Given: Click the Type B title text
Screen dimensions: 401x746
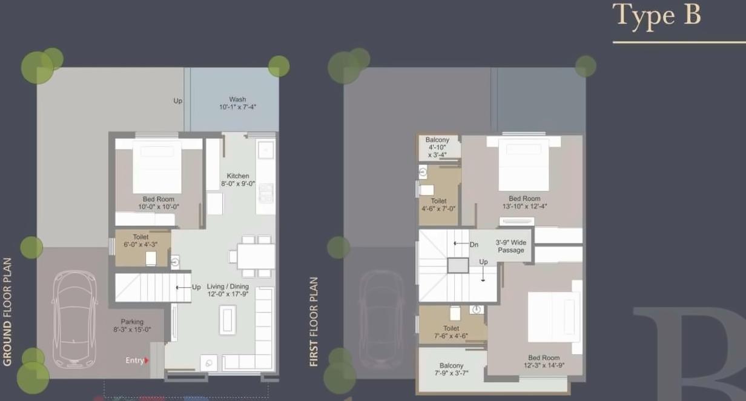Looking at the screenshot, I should (x=656, y=16).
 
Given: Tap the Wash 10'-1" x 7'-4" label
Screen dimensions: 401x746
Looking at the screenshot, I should (x=237, y=103).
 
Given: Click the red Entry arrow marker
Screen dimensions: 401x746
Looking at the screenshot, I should (x=147, y=360).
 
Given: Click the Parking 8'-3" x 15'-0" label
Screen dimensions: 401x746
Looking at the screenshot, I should (x=132, y=326).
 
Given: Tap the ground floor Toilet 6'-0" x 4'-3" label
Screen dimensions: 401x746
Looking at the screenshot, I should (x=140, y=241).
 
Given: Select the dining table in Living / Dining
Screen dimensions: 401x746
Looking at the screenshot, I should (x=256, y=256).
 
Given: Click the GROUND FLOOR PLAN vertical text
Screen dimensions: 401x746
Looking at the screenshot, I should (x=7, y=312).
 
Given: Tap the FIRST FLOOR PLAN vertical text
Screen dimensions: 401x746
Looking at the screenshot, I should (x=314, y=322).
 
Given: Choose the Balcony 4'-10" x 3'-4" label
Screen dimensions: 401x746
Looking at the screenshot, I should (x=437, y=147).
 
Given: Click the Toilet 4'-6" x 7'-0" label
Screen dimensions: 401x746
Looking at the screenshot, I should (x=438, y=205).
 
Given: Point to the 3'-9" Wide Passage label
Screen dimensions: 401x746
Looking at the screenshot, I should (x=510, y=246).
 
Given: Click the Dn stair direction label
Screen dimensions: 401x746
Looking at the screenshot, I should (x=474, y=244).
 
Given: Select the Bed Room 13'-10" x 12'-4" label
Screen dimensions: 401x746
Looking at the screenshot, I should (x=524, y=202).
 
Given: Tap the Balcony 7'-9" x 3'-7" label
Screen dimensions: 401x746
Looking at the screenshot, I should (x=451, y=370).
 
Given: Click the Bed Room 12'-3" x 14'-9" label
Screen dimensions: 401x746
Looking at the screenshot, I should (x=543, y=362).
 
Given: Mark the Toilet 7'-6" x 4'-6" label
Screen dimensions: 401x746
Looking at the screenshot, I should (x=451, y=333).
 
